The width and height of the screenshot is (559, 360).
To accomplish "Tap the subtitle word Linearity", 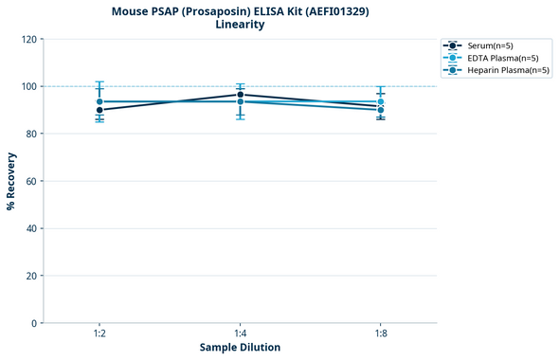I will (x=240, y=25).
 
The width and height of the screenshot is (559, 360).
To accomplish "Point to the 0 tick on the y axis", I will (x=34, y=323).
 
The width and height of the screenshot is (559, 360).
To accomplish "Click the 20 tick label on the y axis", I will (x=31, y=276).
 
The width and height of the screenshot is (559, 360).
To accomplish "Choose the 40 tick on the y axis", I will (x=31, y=228).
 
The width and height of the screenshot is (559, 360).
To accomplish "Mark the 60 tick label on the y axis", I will (x=31, y=181).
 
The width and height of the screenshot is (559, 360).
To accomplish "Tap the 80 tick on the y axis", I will (x=31, y=134).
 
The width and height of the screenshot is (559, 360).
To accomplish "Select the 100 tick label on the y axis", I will (x=28, y=86).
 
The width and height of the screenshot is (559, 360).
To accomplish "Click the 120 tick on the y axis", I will (x=28, y=39).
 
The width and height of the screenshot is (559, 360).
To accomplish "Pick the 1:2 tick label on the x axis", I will (x=99, y=333).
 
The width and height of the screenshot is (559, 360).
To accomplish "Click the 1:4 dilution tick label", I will (x=240, y=333).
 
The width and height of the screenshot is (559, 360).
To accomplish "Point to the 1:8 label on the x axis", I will (x=380, y=333).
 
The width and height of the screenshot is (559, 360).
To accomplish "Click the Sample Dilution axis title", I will (x=240, y=348).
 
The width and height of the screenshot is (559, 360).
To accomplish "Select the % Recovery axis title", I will (x=11, y=181).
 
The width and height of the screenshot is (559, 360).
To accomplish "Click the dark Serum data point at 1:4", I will (x=240, y=95).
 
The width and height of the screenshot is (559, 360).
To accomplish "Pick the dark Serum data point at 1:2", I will (x=99, y=110).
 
